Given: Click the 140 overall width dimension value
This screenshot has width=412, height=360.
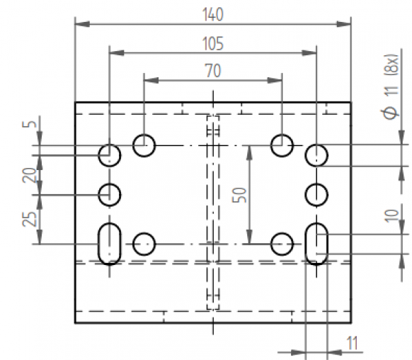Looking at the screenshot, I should (x=212, y=14).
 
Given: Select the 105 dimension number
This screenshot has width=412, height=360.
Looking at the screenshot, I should (x=212, y=43).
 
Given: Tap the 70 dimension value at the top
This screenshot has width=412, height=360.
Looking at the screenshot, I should (x=212, y=71).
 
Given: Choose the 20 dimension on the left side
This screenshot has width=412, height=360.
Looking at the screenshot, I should (x=28, y=174).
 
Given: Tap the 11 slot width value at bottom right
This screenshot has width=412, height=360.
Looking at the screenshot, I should (x=352, y=343).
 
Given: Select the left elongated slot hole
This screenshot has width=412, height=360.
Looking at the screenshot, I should (x=109, y=243).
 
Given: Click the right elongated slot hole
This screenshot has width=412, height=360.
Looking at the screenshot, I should (x=316, y=243).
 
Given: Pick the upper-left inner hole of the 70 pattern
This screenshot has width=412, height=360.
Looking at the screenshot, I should (x=144, y=145).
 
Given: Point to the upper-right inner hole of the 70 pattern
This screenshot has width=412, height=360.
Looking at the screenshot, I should (x=281, y=145).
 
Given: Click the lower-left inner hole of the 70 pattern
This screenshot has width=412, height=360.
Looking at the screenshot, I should (x=144, y=243).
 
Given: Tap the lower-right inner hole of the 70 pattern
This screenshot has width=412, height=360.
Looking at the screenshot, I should (x=281, y=243).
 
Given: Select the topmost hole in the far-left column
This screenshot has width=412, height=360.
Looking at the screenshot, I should (x=109, y=154).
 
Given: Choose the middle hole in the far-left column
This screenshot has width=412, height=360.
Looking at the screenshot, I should (x=109, y=193).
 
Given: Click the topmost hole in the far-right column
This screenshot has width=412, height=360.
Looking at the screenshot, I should (x=316, y=154).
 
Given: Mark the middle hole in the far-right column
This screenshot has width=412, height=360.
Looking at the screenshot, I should (x=316, y=193).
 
